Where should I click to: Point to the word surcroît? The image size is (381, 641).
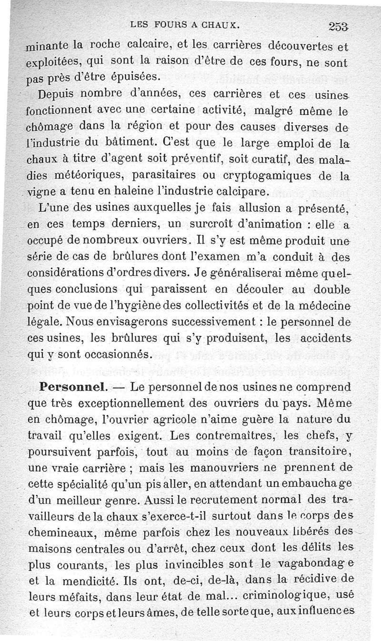pyautogui.click(x=197, y=224)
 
